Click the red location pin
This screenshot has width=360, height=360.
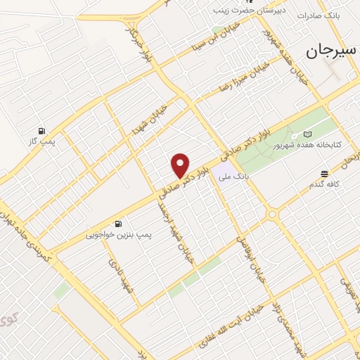coord(181,165)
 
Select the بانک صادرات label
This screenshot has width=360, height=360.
coord(321,15)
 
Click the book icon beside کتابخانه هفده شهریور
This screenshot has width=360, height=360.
coord(307,134)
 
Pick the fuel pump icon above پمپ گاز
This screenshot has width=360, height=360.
coord(42,131)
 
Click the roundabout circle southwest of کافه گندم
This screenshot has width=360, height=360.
coord(272,214)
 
